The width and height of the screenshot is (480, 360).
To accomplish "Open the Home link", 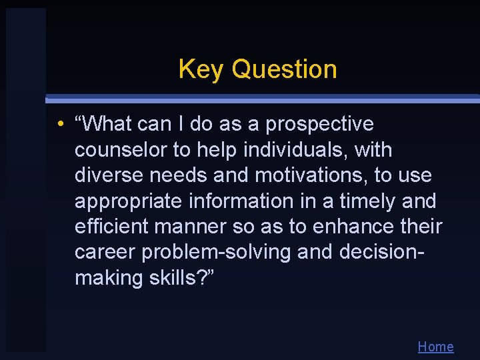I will coord(435,347).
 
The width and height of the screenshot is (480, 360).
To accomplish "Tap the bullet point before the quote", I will coord(60,125).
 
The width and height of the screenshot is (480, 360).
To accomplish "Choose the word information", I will coord(229,201).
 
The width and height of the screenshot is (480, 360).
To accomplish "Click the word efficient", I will coord(111,226).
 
